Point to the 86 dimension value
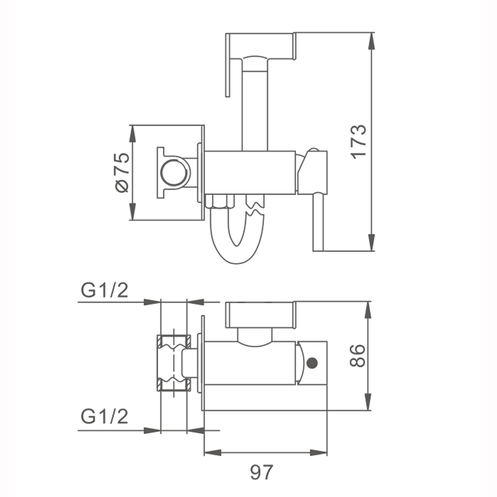357,356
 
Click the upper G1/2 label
104,291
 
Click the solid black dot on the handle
312,363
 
